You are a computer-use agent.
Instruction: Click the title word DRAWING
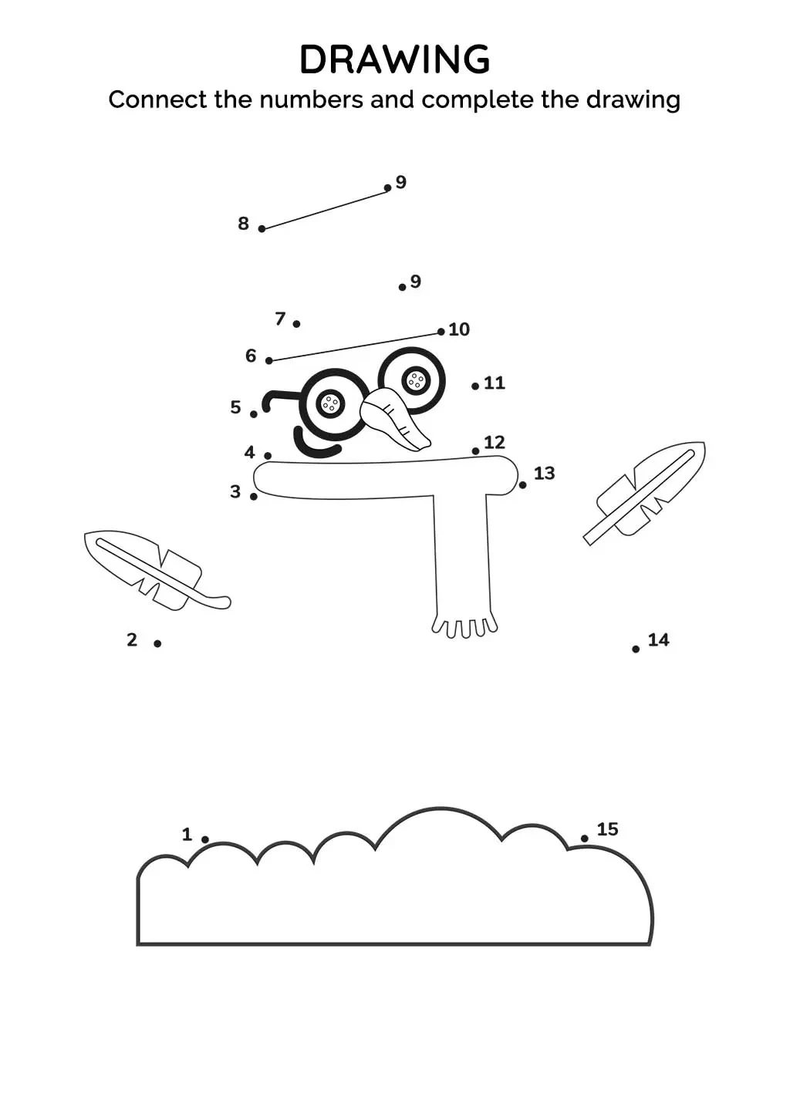point(394,60)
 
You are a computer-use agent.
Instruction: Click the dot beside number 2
point(157,643)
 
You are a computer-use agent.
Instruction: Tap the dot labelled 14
point(636,649)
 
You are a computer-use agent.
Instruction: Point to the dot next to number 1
point(205,839)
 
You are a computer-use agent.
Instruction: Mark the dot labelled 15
point(584,839)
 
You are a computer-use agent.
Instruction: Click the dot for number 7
point(296,324)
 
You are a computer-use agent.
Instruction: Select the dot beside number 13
point(522,484)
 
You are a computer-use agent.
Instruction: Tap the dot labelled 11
point(475,386)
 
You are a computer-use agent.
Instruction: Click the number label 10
point(459,329)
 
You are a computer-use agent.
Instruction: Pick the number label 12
point(494,442)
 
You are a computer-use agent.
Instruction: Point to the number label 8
point(243,224)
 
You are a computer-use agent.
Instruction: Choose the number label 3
point(235,491)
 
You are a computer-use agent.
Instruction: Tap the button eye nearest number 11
point(416,380)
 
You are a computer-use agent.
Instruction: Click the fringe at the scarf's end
point(464,626)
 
